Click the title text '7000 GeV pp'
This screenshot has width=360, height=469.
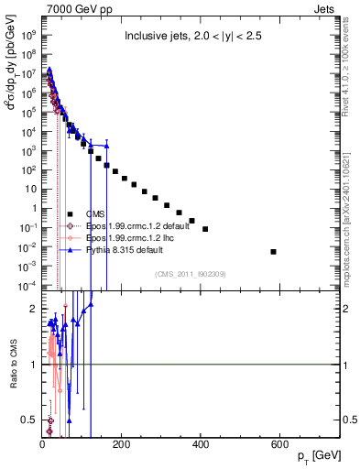(x=71, y=8)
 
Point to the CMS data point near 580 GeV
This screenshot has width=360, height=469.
(x=274, y=251)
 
